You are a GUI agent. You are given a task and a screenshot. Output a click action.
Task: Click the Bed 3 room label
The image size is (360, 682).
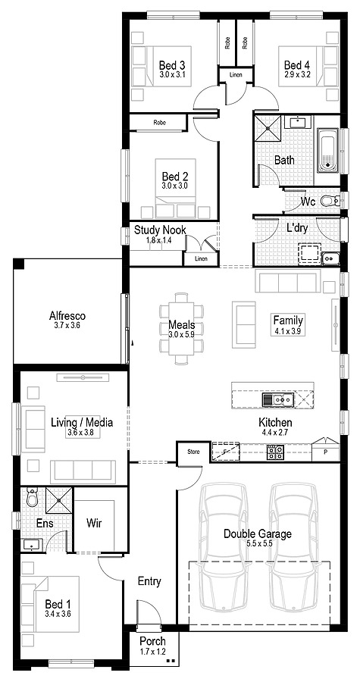tap(172, 66)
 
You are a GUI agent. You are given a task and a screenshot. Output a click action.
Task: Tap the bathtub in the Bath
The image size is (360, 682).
tap(328, 150)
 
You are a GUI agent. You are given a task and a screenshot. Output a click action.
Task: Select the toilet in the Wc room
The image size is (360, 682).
tap(330, 201)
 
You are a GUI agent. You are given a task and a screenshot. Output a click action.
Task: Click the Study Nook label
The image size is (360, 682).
tap(160, 230)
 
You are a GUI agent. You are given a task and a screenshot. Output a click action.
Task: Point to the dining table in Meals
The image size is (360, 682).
tap(182, 328)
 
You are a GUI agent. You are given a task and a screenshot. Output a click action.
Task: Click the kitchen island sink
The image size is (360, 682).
tap(278, 399)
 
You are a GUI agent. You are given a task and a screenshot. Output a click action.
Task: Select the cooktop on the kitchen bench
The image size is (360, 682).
tap(275, 452)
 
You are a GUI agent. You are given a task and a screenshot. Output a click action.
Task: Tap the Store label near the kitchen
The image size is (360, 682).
tap(193, 452)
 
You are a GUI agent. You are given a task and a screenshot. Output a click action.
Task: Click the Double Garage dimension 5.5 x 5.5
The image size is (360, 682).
tap(258, 543)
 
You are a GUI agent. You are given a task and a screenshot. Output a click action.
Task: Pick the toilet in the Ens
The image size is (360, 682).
tap(33, 496)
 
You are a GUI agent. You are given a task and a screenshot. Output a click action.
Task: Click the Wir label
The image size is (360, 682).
tap(94, 523)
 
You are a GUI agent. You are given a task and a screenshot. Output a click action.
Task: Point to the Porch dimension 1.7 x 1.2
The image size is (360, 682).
tap(152, 652)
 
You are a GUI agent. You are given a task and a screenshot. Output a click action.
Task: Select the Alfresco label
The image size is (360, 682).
tap(67, 316)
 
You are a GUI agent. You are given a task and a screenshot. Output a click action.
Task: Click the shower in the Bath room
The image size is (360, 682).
tap(267, 127)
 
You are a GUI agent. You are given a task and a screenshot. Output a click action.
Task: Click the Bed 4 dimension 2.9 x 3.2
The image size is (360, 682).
tap(297, 74)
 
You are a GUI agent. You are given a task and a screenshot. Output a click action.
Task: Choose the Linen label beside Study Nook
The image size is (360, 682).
tap(201, 259)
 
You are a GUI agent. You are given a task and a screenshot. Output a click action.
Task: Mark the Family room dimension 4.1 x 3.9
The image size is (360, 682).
tap(288, 331)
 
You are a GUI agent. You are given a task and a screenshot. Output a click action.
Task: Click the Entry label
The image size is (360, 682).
tap(149, 581)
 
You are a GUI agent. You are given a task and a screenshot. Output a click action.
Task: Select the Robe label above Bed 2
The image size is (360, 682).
tap(160, 123)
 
